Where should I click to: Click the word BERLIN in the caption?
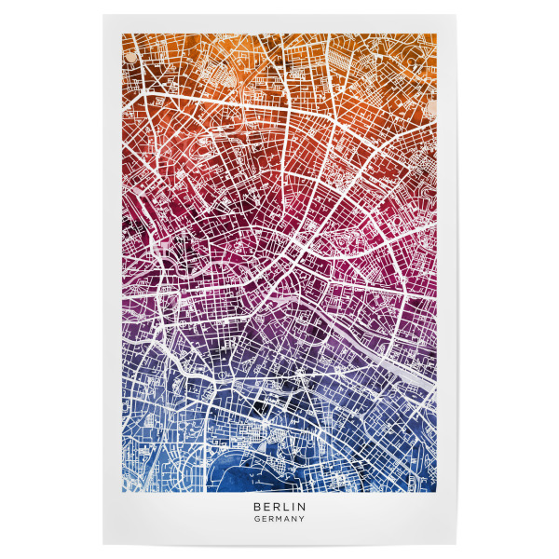click(279, 507)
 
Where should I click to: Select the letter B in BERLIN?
click(256, 507)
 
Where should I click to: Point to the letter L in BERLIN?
click(285, 507)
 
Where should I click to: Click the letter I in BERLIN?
click(293, 507)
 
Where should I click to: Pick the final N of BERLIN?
click(302, 507)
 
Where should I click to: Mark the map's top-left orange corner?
click(124, 36)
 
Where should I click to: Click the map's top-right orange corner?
click(435, 36)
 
